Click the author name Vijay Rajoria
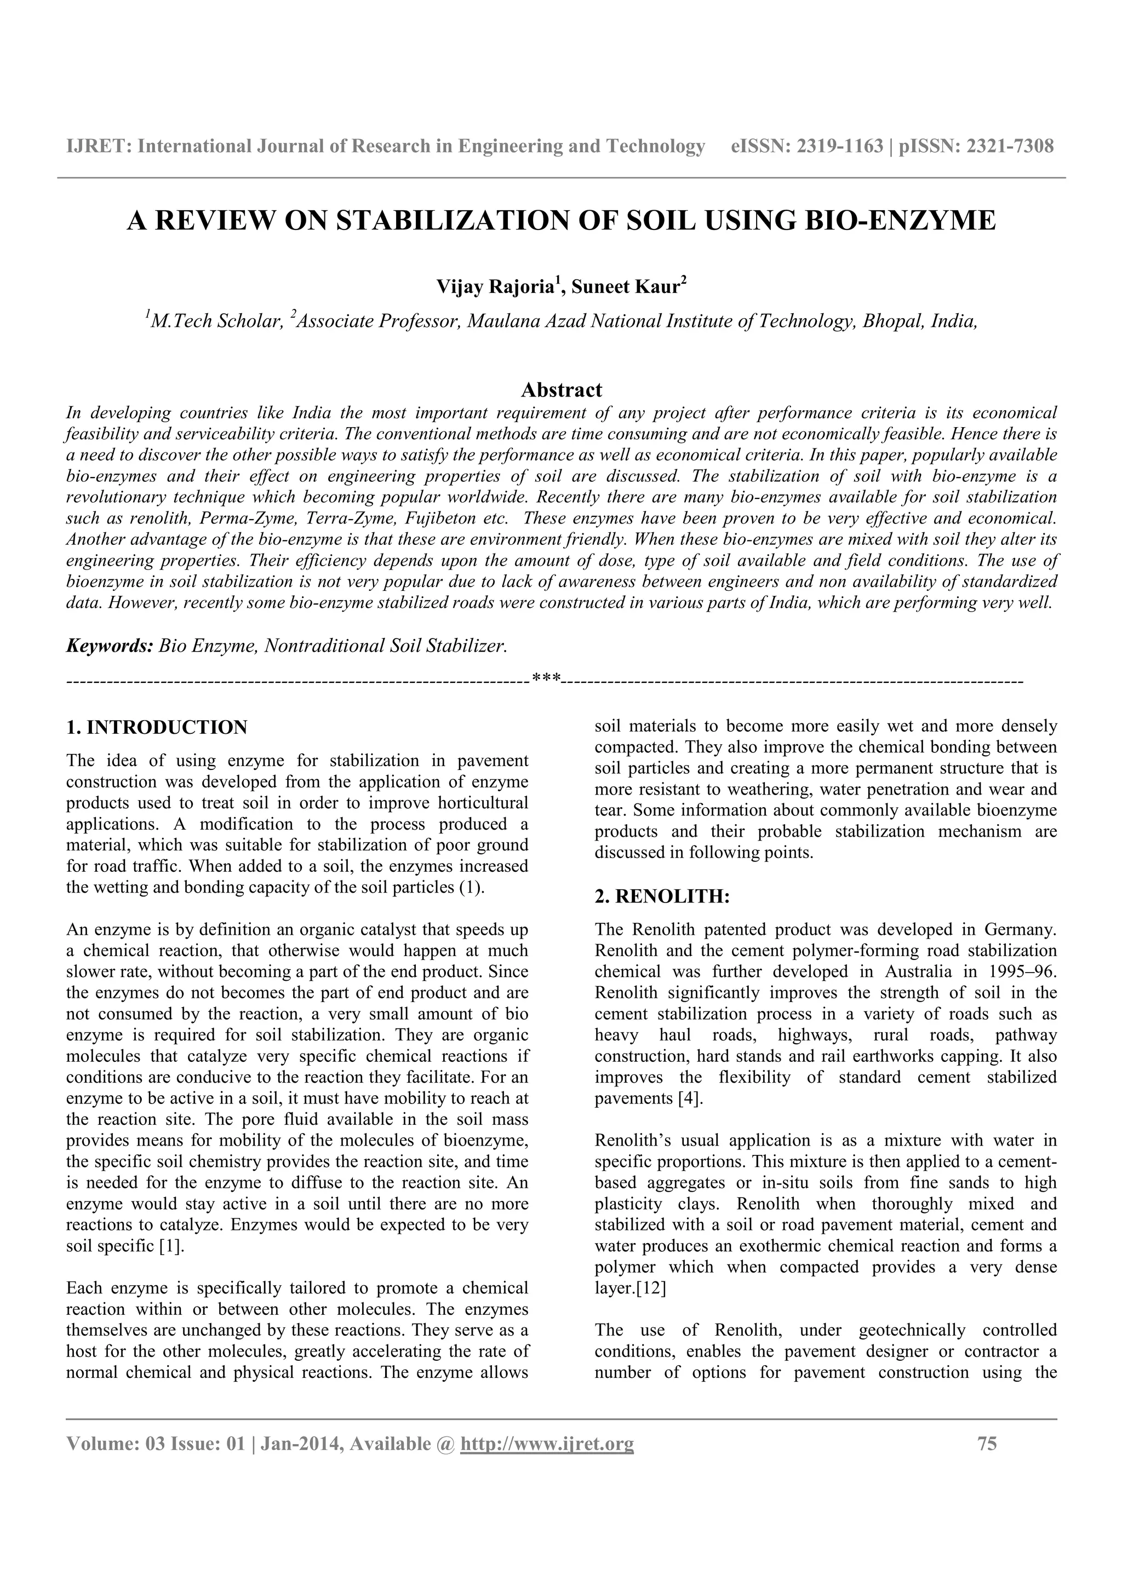tap(494, 287)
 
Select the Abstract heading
tap(562, 390)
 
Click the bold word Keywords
tap(109, 646)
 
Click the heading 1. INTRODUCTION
tap(156, 728)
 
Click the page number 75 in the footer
tap(987, 1444)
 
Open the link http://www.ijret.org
tap(546, 1444)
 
